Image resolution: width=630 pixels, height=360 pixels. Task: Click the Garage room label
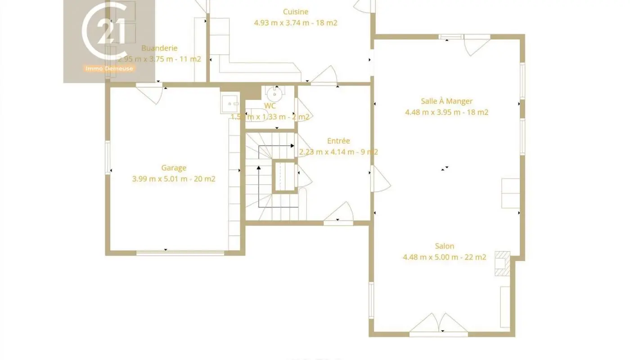(x=174, y=168)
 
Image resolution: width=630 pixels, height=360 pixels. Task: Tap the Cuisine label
(x=296, y=12)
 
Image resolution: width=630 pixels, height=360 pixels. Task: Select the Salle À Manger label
(x=446, y=101)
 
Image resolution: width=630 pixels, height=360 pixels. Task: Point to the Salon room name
(x=444, y=246)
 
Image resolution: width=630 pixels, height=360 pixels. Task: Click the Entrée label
(x=338, y=141)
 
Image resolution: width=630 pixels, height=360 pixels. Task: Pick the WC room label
(x=270, y=106)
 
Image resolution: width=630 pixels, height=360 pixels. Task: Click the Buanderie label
(x=159, y=48)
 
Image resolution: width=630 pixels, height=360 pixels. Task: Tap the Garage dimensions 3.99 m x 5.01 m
(x=174, y=179)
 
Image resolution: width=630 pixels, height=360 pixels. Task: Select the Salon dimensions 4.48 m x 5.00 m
(x=444, y=257)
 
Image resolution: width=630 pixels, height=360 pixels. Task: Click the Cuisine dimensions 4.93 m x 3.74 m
(x=296, y=22)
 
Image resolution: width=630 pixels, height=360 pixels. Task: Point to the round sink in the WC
(x=274, y=94)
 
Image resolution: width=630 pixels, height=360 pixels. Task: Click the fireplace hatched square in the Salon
(x=501, y=264)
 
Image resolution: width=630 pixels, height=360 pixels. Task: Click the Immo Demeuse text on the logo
(x=110, y=68)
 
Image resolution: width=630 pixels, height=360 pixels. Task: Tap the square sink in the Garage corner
(x=230, y=103)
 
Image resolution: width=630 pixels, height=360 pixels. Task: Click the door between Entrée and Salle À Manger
(x=379, y=179)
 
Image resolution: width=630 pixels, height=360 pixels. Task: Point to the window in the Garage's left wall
(x=108, y=157)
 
